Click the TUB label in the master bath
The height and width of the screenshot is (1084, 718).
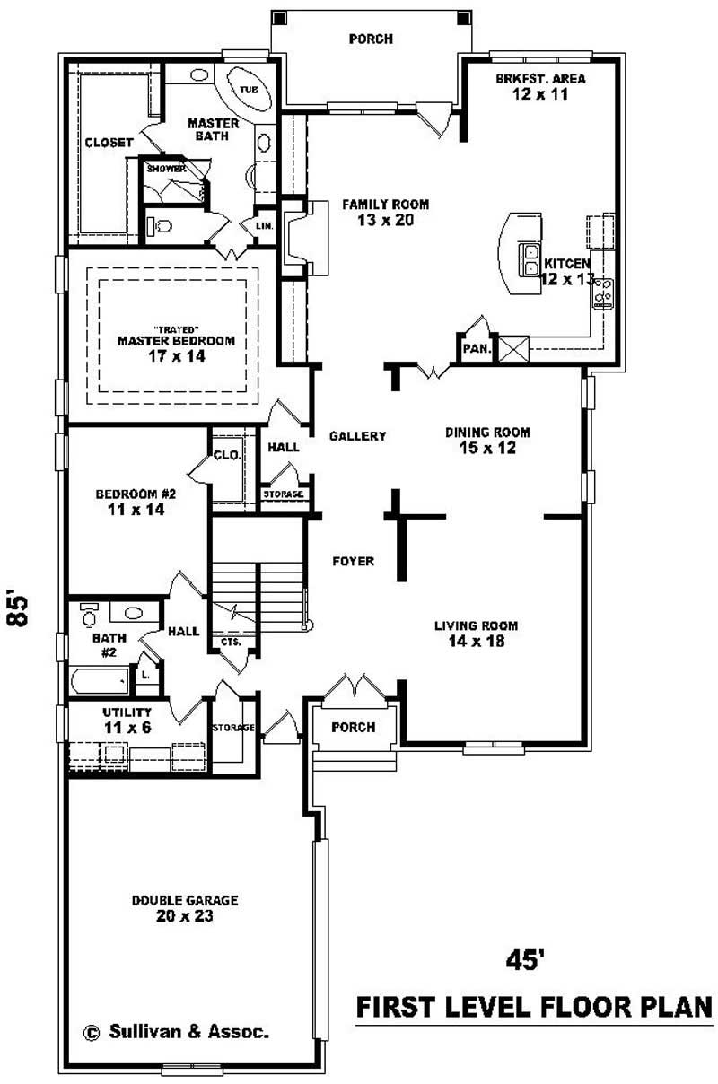tap(249, 90)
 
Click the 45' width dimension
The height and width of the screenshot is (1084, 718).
tap(525, 960)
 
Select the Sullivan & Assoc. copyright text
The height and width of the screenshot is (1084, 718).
tap(177, 1032)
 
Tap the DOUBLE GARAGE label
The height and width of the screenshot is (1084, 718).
tap(185, 900)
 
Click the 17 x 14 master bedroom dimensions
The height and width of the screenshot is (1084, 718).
tap(176, 356)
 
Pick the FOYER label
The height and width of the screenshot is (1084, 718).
tap(353, 562)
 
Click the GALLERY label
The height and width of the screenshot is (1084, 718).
tap(357, 436)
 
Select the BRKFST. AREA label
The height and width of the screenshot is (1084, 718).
tap(540, 79)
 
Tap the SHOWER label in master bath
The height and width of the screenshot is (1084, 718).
tap(166, 168)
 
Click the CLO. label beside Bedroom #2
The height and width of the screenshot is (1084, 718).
tap(227, 455)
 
